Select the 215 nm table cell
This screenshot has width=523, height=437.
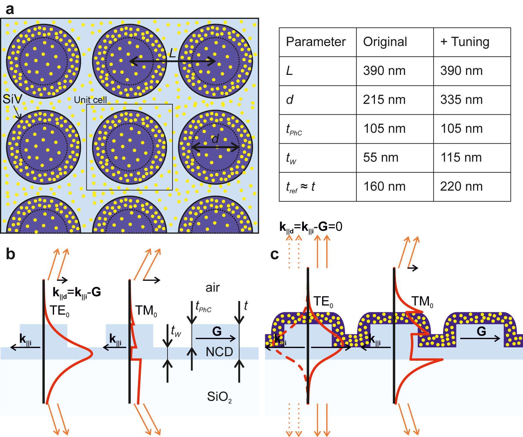384,100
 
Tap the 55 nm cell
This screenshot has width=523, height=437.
381,158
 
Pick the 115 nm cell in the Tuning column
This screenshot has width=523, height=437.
461,158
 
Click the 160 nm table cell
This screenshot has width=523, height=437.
384,187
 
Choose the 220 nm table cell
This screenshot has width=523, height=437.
461,187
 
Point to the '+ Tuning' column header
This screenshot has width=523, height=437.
465,42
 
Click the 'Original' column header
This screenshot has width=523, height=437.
385,42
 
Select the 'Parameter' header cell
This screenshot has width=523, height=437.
316,42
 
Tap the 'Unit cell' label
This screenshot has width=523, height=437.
90,100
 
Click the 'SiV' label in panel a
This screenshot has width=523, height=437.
12,99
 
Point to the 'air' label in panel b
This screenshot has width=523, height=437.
212,288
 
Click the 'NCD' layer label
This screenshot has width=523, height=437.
219,352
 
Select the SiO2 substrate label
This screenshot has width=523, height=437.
219,397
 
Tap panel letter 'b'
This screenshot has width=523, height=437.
11,254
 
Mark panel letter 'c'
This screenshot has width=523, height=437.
274,254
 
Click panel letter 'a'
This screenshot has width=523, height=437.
9,9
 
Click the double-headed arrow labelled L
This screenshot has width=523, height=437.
173,61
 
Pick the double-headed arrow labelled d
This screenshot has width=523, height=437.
216,147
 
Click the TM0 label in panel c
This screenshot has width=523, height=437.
422,302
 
